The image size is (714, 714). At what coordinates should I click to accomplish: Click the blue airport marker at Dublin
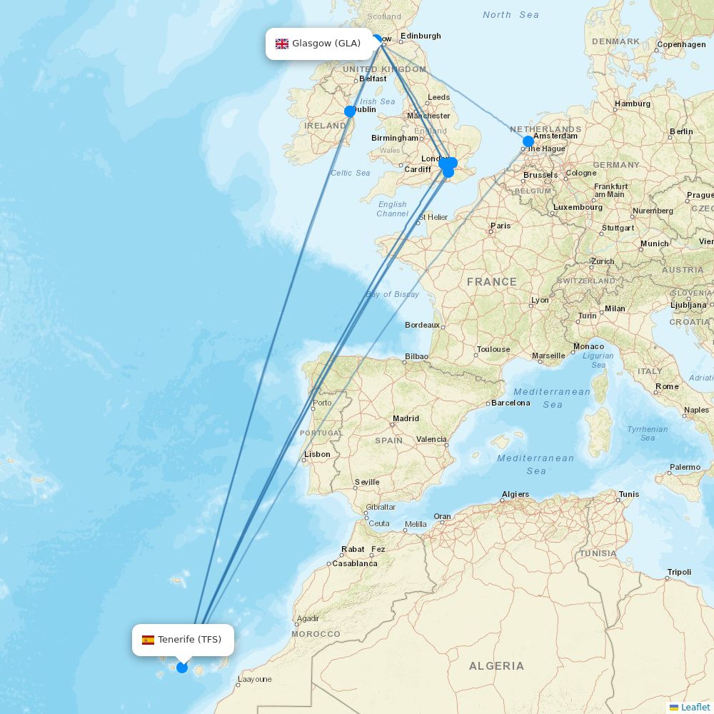coord(350,111)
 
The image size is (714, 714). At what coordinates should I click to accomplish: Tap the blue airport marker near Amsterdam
coord(528,141)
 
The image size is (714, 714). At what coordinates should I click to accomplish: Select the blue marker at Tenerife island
coord(182,668)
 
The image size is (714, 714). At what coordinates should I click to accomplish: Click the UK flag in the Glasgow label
coord(282,44)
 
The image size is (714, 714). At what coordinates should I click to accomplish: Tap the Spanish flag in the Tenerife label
coord(148,640)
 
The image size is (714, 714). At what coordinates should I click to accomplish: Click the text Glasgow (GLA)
coord(326,44)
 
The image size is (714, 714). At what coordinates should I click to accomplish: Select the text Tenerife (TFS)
coord(190,640)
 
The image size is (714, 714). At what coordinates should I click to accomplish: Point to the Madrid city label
coord(406,418)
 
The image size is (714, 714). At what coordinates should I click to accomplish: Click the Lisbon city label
coord(317,454)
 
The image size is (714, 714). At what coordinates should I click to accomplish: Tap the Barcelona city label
coord(511,403)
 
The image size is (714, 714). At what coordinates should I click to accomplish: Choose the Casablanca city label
coord(355,563)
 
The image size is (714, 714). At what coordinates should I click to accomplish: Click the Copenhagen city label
coord(681,44)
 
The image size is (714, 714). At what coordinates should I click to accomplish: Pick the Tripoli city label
coord(679,572)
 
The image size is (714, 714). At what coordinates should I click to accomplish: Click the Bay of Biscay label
coord(392,294)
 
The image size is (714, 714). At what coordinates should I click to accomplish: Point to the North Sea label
coord(511,15)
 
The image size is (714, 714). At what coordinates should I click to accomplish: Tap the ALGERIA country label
coord(496,666)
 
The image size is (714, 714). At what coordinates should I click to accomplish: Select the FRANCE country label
coord(491,282)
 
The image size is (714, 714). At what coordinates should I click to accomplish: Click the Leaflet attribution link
coord(695,707)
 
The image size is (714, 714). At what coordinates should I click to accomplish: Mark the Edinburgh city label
coord(421,36)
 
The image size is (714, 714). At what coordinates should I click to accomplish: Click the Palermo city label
coord(685,468)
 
